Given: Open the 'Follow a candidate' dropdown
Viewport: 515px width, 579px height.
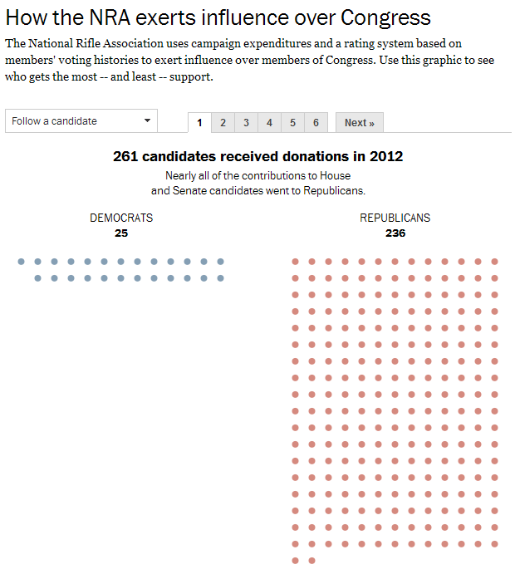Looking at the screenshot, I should (x=75, y=121).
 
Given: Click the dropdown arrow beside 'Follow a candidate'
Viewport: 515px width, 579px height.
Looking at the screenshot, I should (x=147, y=121).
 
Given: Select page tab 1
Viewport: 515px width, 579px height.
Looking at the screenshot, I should (x=199, y=123).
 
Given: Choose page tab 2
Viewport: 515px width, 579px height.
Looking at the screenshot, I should (x=223, y=123).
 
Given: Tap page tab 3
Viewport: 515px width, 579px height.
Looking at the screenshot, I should (x=246, y=123).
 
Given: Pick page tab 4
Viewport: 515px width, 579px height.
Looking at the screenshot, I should (x=269, y=123).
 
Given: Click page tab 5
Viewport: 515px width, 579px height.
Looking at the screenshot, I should (x=292, y=123).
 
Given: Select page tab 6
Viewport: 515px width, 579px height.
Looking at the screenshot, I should (x=316, y=123).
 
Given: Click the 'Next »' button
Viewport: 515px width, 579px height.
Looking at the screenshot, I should (x=360, y=123).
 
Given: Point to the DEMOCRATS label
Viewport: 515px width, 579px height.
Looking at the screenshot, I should (x=121, y=218).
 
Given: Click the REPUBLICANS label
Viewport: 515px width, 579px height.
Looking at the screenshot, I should (x=395, y=218).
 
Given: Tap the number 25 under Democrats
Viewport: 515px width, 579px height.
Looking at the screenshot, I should (x=121, y=233).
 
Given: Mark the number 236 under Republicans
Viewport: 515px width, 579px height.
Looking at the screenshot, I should (x=395, y=233).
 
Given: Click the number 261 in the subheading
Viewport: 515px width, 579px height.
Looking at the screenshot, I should (x=125, y=156).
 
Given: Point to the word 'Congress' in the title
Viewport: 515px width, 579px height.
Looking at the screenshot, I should (x=378, y=17).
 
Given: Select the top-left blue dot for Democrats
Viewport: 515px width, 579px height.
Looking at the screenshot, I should (x=22, y=262).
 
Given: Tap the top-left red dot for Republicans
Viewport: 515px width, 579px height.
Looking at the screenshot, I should (x=296, y=262).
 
